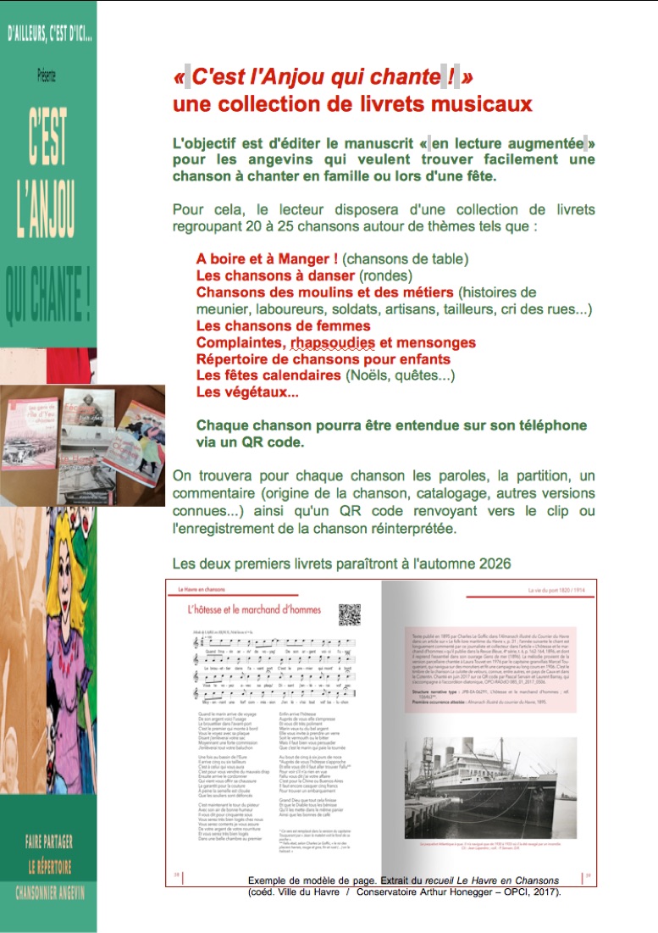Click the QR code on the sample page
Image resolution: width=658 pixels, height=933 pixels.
coord(350,614)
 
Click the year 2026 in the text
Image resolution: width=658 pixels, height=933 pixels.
coord(494,564)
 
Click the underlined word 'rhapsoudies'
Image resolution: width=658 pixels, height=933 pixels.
coord(332,342)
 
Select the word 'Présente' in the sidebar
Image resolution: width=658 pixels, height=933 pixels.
coord(47,75)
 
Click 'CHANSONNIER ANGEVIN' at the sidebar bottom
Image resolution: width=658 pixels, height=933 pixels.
coord(49,892)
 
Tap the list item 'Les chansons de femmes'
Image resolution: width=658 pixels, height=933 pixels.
coord(283,325)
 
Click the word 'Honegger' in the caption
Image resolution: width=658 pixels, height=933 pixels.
coord(467,891)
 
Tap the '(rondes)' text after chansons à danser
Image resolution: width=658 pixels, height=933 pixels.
coord(385,275)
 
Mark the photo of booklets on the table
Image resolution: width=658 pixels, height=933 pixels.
coord(82,444)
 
